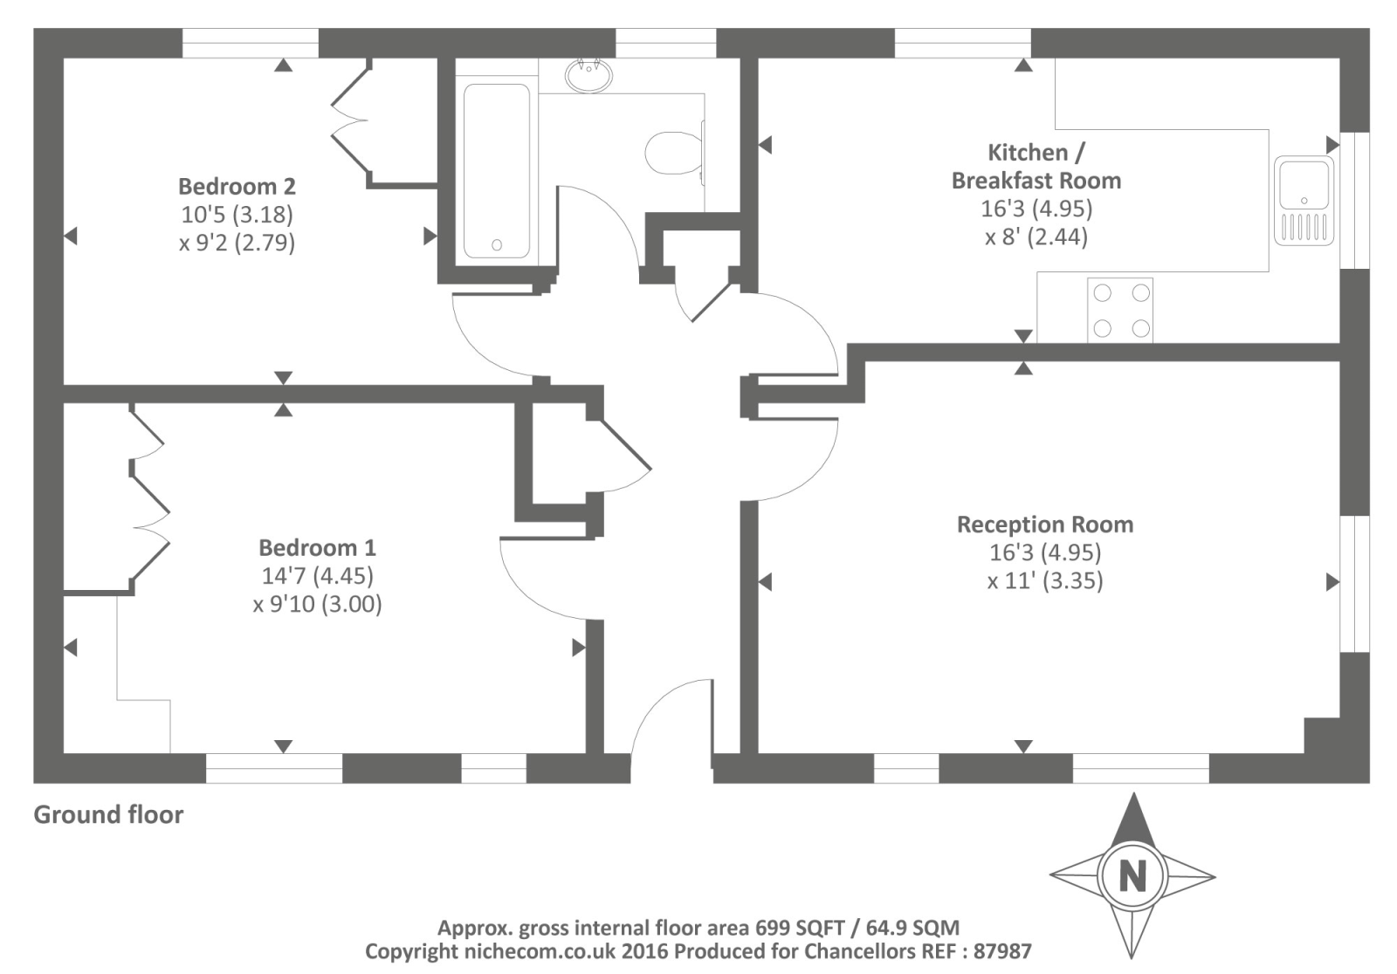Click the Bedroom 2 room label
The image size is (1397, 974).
(237, 186)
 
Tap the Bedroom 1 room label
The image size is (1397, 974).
(317, 547)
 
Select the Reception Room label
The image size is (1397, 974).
(1045, 525)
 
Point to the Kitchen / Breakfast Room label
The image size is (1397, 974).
(1036, 166)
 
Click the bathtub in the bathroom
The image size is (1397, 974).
(496, 171)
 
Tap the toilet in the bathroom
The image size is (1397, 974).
(673, 154)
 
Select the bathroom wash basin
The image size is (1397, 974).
(588, 74)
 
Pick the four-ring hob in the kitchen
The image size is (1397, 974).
(1120, 310)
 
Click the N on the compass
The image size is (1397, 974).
(1132, 875)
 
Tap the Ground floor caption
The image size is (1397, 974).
(108, 814)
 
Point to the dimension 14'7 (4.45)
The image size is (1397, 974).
(317, 576)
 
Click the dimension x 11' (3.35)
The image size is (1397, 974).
(1045, 581)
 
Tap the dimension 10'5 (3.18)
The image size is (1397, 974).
(237, 214)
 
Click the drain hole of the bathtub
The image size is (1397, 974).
(496, 245)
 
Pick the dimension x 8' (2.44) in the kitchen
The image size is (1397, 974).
(1036, 237)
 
